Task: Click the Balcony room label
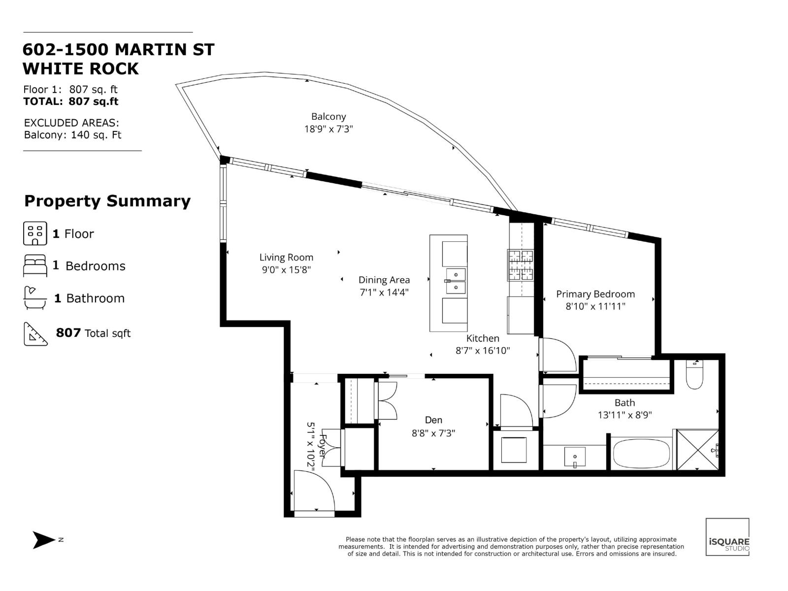[x=328, y=117]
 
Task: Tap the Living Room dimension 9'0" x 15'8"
[x=286, y=270]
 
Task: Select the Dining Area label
[x=384, y=280]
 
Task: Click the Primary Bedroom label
[x=595, y=294]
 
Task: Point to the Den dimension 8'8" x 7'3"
[x=433, y=433]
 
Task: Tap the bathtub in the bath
[x=641, y=454]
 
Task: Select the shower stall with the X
[x=697, y=450]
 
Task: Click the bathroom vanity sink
[x=574, y=457]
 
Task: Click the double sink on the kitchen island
[x=456, y=281]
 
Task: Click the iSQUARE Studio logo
[x=727, y=537]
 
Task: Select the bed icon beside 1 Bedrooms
[x=35, y=266]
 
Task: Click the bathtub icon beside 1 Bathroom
[x=34, y=298]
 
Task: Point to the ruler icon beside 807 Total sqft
[x=35, y=334]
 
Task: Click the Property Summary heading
[x=107, y=201]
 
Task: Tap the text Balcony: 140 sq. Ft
[x=72, y=135]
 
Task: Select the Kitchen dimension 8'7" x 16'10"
[x=482, y=351]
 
